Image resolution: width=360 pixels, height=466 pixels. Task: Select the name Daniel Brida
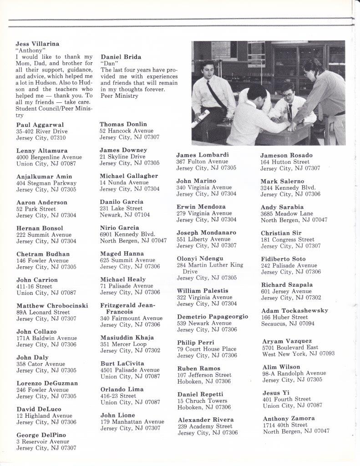(x=121, y=57)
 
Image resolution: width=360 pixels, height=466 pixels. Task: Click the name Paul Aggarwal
(x=40, y=125)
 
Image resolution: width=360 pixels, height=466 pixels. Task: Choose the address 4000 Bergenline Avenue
(x=49, y=157)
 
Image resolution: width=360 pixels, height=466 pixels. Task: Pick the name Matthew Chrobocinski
(x=52, y=305)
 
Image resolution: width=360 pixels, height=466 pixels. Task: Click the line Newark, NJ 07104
(x=125, y=215)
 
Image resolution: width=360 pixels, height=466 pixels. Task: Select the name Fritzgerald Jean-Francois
(x=127, y=308)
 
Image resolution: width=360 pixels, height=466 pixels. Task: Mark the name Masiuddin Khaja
(x=127, y=337)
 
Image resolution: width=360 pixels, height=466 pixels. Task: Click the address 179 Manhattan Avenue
(x=132, y=422)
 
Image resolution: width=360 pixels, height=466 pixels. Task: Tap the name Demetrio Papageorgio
(x=213, y=316)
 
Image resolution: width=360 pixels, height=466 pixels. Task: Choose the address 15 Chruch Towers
(x=203, y=401)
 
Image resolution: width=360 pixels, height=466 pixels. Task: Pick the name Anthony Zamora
(x=289, y=418)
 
